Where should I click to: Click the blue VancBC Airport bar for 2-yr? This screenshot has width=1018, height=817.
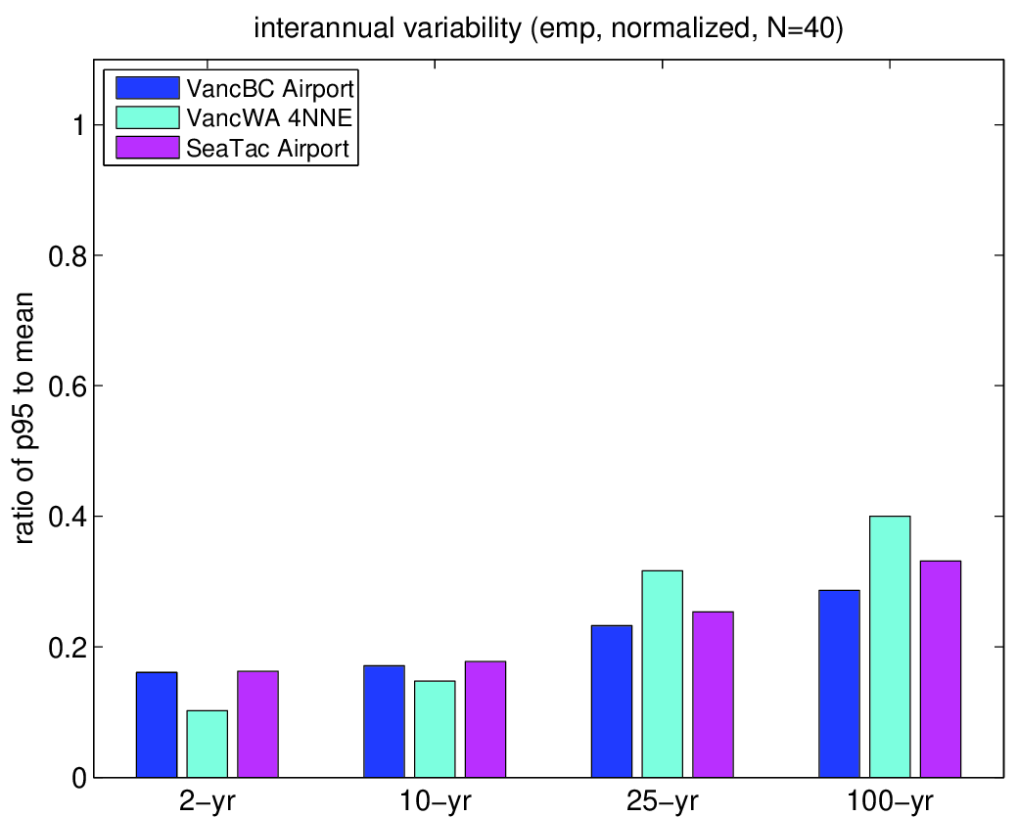pyautogui.click(x=157, y=724)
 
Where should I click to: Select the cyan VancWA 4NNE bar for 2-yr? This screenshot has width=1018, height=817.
pyautogui.click(x=208, y=744)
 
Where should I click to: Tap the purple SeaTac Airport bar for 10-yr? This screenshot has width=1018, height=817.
pyautogui.click(x=485, y=719)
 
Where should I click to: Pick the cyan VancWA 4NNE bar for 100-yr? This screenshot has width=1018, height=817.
pyautogui.click(x=890, y=647)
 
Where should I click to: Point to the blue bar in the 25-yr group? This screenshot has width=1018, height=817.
pyautogui.click(x=612, y=701)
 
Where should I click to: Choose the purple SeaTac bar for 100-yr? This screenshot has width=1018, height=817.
pyautogui.click(x=941, y=669)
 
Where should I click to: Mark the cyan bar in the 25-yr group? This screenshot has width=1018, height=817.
pyautogui.click(x=663, y=673)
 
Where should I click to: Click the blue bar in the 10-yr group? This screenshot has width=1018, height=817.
pyautogui.click(x=384, y=721)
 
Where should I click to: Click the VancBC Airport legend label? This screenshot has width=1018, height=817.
pyautogui.click(x=270, y=88)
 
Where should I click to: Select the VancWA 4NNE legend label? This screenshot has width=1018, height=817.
pyautogui.click(x=269, y=117)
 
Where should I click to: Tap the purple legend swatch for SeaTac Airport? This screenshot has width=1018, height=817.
pyautogui.click(x=148, y=148)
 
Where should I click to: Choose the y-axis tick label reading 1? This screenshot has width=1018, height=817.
pyautogui.click(x=79, y=125)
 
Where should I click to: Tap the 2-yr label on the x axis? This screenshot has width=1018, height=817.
pyautogui.click(x=208, y=802)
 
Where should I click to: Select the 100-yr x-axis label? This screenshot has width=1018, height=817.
pyautogui.click(x=890, y=802)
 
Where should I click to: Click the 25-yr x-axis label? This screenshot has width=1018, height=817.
pyautogui.click(x=663, y=802)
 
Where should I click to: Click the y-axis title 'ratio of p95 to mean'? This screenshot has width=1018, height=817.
pyautogui.click(x=23, y=419)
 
